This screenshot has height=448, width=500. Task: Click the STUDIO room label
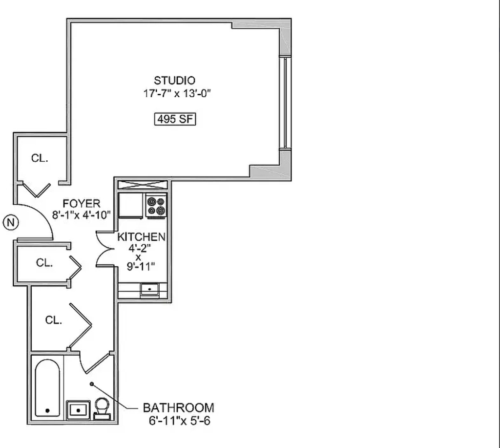[x=174, y=81]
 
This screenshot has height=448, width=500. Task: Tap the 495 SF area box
[x=175, y=119]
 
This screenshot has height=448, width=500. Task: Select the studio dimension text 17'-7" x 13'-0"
[x=177, y=93]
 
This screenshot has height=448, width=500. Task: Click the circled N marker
[x=11, y=222]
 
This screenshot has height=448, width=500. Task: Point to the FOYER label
[x=82, y=204]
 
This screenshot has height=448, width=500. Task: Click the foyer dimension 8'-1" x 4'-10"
[x=82, y=215]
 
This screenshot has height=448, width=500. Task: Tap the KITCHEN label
[x=141, y=237]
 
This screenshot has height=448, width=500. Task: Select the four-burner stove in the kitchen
[x=156, y=206]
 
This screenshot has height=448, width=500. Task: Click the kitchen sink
[x=149, y=289]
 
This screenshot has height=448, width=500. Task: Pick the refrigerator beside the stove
[x=131, y=206]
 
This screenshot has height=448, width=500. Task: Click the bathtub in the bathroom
[x=47, y=388]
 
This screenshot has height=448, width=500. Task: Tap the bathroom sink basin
[x=78, y=410]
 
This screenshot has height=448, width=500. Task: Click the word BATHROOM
[x=178, y=408]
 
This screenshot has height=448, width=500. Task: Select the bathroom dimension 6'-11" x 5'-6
[x=180, y=421]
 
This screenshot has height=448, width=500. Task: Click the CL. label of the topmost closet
[x=40, y=158]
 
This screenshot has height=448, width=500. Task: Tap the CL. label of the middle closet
[x=44, y=263]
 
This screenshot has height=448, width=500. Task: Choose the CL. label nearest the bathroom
[x=54, y=320]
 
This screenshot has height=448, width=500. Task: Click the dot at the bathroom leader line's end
[x=92, y=384]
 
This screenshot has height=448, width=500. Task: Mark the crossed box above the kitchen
[x=143, y=185]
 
